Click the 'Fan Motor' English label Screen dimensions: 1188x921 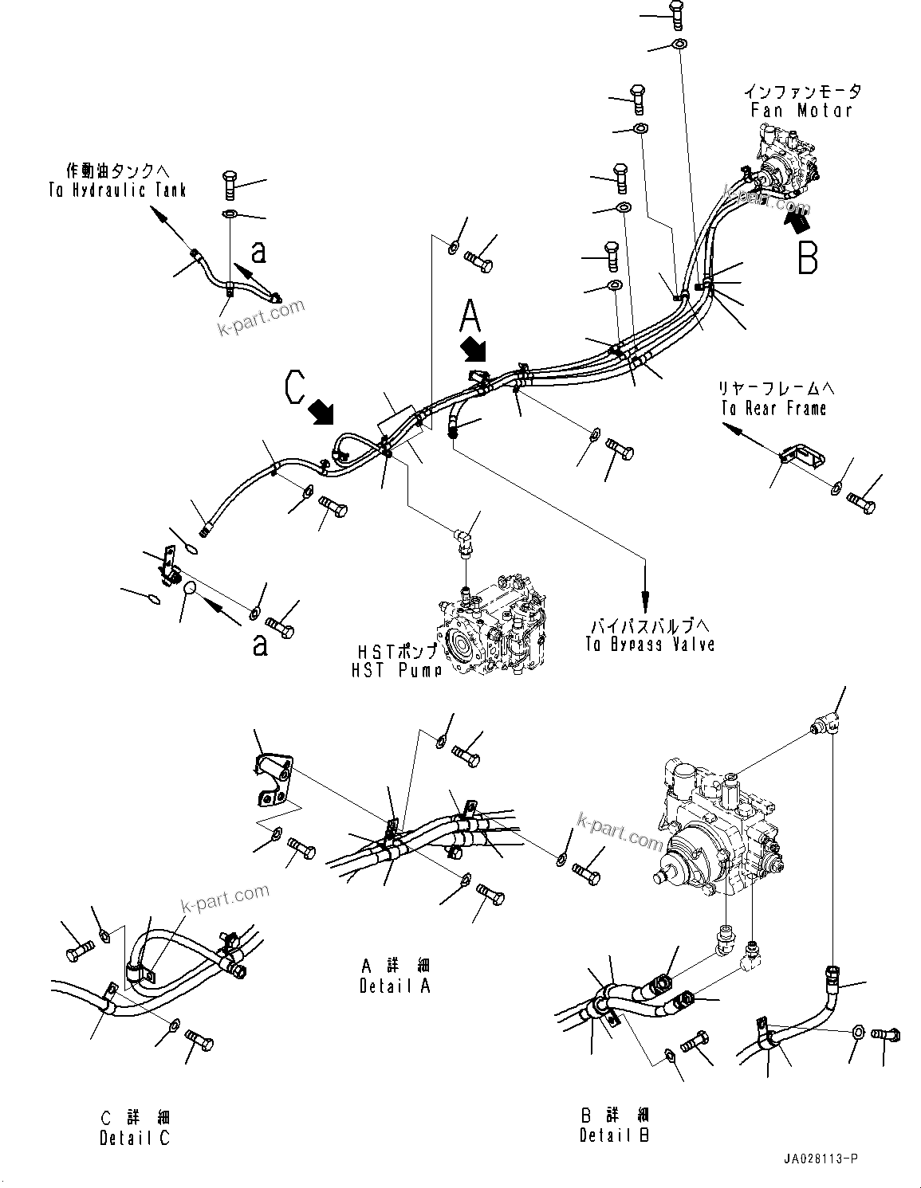tap(801, 111)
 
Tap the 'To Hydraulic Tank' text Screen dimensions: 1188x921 tap(116, 190)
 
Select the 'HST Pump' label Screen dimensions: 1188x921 tap(396, 670)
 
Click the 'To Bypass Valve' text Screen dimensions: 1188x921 tap(649, 645)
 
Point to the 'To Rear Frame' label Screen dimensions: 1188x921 tap(773, 409)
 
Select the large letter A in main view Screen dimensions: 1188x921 tap(470, 316)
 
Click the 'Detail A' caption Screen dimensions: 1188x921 tap(395, 986)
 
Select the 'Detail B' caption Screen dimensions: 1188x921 tap(615, 1135)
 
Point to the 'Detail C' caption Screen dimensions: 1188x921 tap(135, 1138)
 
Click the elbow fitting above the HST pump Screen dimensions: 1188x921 tap(463, 542)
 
